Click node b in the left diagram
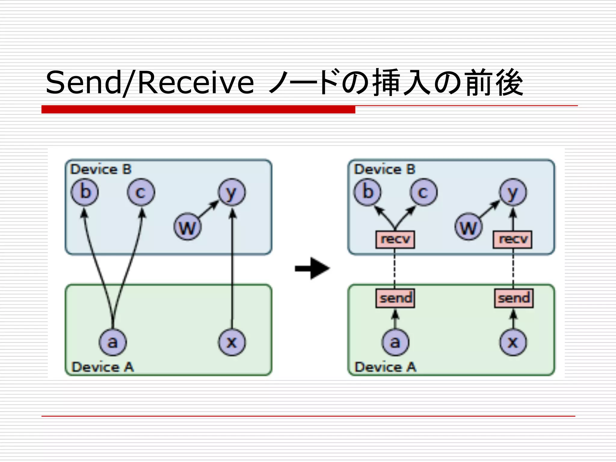pos(85,192)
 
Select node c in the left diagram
pos(141,192)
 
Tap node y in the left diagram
pos(232,192)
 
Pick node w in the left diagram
pos(188,226)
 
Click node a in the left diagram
pos(113,342)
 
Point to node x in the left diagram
pos(232,342)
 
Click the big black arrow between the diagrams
pos(313,268)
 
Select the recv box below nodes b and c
pos(395,239)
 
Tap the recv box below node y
pos(513,239)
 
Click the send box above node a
pos(395,298)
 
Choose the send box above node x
pos(514,298)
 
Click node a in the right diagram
pos(395,342)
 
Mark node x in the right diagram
pos(513,342)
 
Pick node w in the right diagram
pos(468,226)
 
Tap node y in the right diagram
pos(513,192)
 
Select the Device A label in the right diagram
pos(385,367)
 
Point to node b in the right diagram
pos(367,192)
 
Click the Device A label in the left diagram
pos(103,367)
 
